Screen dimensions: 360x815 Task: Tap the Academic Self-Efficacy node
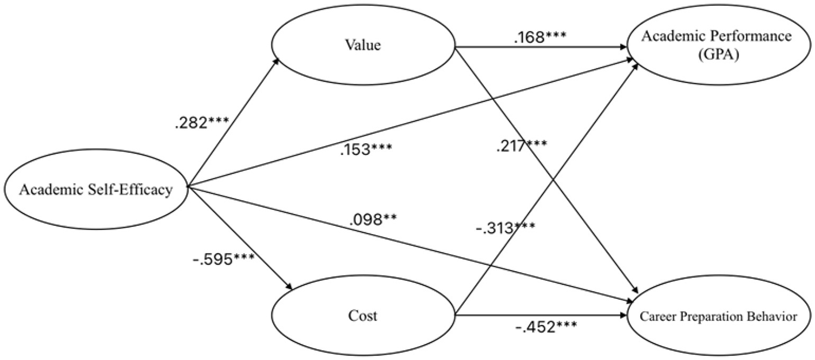(x=96, y=189)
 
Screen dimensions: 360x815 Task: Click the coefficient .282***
(x=201, y=124)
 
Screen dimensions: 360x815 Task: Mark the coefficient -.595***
(x=221, y=259)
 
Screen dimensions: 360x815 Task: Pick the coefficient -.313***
(x=504, y=228)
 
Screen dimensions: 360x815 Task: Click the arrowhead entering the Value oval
(x=277, y=59)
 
